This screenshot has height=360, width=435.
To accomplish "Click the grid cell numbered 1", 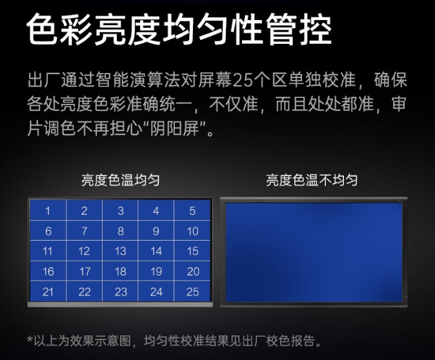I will click(x=48, y=210).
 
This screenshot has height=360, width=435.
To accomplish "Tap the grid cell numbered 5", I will click(x=192, y=210).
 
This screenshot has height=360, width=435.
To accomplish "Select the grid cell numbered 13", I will click(x=120, y=251).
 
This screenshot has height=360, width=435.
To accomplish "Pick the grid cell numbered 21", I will click(x=48, y=292).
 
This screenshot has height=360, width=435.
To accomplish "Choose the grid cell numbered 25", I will click(x=192, y=292).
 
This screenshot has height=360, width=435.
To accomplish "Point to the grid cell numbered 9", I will click(x=156, y=231).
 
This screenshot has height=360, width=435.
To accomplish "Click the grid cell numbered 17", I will click(x=84, y=272).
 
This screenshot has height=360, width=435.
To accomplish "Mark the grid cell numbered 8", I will click(x=120, y=231).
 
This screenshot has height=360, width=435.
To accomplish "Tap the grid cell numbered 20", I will click(x=192, y=272).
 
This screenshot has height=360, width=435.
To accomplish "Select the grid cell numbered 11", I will click(x=48, y=251).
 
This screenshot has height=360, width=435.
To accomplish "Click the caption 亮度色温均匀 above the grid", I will click(x=120, y=180).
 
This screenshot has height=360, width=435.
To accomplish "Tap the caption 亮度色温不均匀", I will click(x=312, y=180).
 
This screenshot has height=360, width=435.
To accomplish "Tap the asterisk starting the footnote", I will click(x=30, y=339).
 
